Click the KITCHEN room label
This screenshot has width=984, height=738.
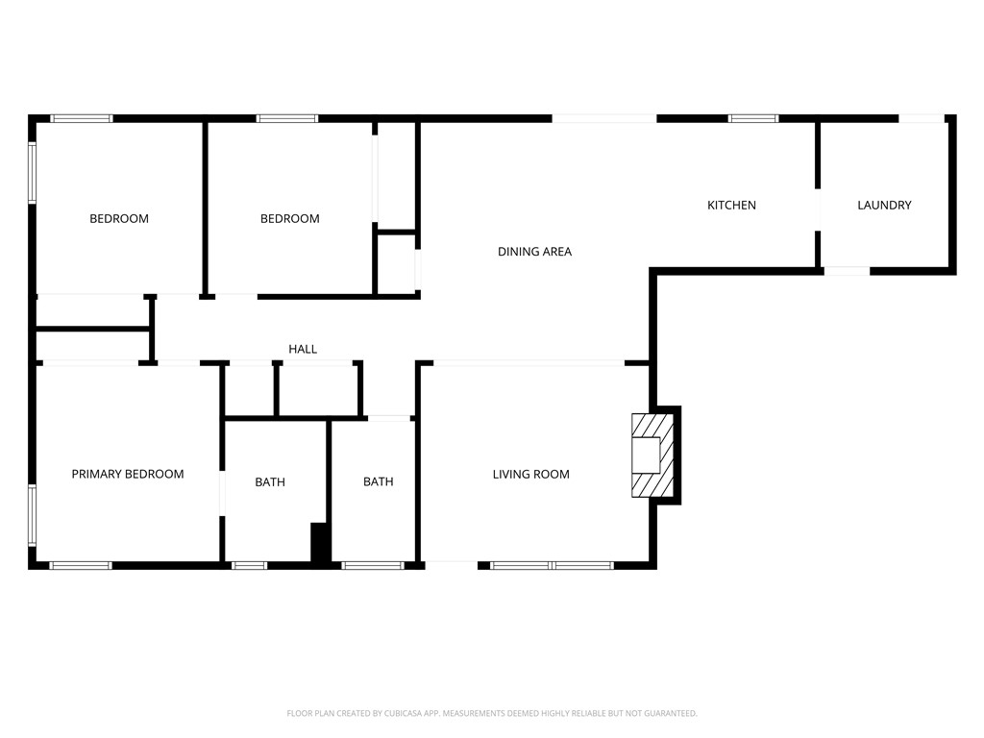coord(731,205)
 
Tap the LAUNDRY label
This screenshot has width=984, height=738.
coord(884,205)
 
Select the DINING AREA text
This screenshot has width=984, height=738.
coord(534,252)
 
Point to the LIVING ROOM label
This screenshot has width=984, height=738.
coord(530,474)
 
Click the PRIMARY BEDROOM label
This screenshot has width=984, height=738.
coord(128,474)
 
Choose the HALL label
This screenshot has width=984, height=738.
coord(303,349)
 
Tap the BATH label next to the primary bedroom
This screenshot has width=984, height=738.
coord(270,481)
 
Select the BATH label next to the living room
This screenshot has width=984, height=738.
coord(378,481)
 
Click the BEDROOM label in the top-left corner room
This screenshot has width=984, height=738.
coord(119,218)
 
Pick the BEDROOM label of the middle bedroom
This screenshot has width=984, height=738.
coord(289,218)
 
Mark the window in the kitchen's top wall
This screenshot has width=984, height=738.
coord(752,118)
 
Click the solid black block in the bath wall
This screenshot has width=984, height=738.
coord(320,543)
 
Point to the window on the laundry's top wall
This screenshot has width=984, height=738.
coord(921,118)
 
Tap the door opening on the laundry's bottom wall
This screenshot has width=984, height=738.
coord(847,271)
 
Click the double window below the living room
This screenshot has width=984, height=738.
coord(552,565)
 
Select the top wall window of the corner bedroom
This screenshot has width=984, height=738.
coord(81,118)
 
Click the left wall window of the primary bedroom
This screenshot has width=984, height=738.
coord(33,515)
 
